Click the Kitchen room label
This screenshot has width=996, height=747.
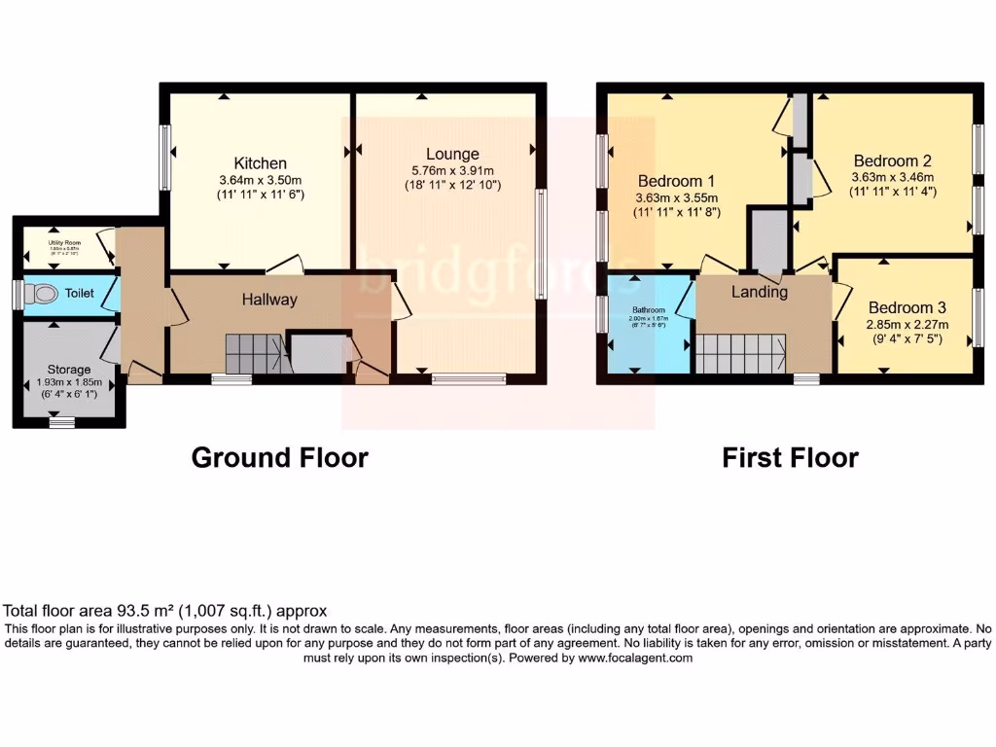(x=260, y=163)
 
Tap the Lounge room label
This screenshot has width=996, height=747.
(x=452, y=154)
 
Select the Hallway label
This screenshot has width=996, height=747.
(x=269, y=300)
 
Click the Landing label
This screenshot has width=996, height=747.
(x=760, y=292)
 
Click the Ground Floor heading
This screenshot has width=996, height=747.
(x=279, y=457)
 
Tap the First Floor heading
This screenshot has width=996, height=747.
(x=790, y=457)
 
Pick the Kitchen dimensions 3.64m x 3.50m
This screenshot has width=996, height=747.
(x=260, y=180)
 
